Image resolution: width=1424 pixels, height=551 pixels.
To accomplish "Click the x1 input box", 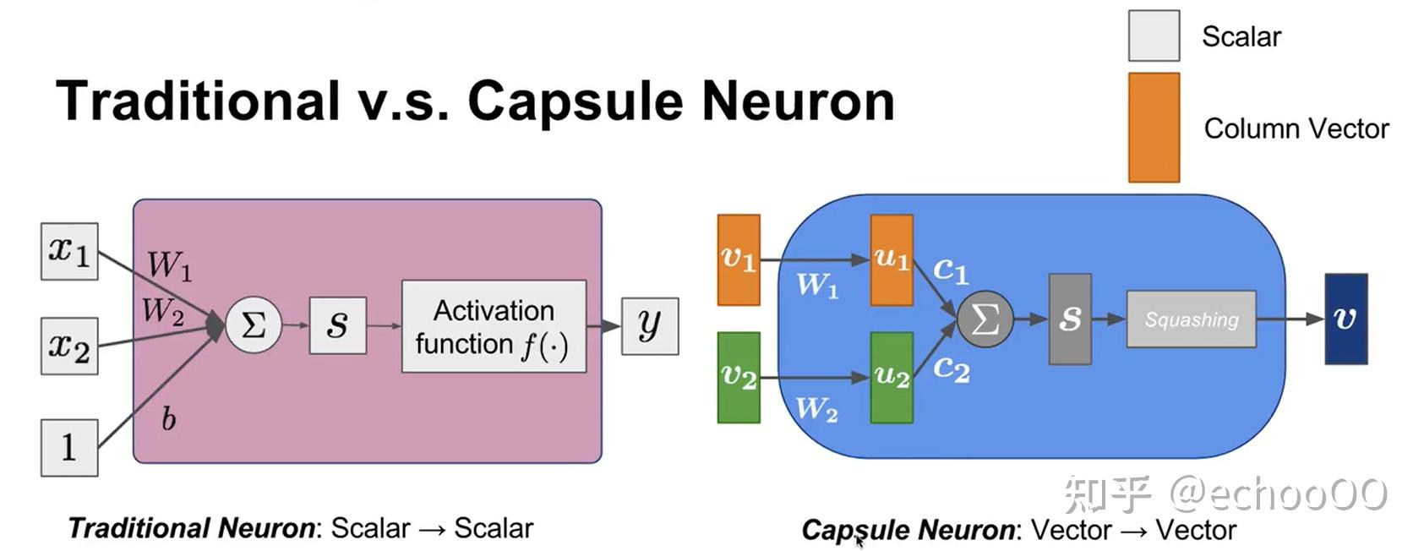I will tap(69, 251).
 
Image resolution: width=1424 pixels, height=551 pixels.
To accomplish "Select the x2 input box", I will tap(69, 346).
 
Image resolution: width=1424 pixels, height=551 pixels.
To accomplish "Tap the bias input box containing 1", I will tap(69, 448).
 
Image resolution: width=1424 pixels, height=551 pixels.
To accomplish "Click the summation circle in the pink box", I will tap(254, 325).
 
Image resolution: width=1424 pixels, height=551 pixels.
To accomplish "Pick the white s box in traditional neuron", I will tap(337, 325).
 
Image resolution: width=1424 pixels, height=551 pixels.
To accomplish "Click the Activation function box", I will tap(494, 326).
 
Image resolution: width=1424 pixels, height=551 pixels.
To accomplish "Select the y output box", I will tap(649, 325).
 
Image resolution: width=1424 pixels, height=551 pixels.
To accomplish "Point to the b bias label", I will tap(168, 418).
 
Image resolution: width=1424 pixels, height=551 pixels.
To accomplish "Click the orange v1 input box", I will tap(739, 259).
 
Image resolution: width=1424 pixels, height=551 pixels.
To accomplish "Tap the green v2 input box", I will tap(739, 377).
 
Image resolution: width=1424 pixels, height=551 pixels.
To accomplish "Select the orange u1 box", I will tap(892, 259).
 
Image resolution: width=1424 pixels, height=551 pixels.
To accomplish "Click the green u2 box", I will tap(892, 377).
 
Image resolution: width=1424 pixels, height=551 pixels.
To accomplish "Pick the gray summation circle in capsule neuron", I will tap(985, 319).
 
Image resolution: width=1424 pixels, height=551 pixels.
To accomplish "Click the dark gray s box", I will tap(1070, 319).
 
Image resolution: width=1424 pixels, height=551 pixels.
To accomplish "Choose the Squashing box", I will tap(1191, 319).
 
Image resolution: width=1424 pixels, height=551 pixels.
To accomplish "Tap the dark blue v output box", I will tap(1345, 319).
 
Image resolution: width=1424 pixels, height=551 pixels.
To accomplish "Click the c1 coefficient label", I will tap(951, 270).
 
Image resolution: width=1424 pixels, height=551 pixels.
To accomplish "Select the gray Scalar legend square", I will tap(1154, 35).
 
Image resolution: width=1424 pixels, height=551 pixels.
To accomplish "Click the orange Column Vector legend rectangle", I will tap(1154, 128).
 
